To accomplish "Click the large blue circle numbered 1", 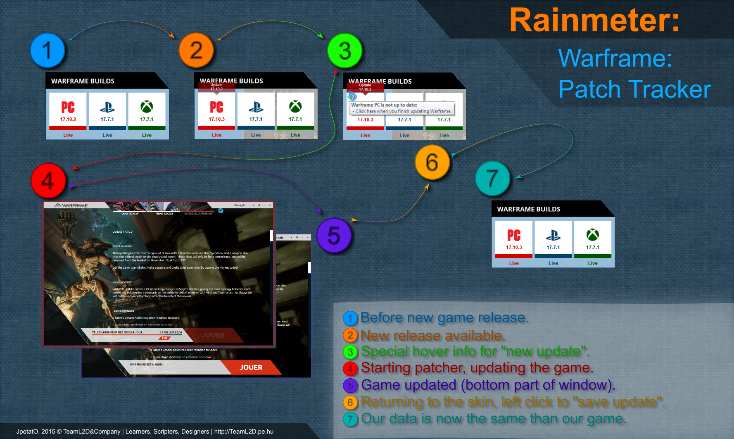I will tap(48, 50).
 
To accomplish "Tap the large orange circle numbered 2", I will tap(196, 50).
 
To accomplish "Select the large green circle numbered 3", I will tap(345, 51).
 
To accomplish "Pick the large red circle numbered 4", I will tap(48, 181).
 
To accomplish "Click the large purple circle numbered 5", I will tap(334, 236).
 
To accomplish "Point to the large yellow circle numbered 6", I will tap(432, 162).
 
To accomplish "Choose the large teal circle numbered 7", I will tap(492, 179).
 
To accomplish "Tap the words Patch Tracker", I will tap(634, 89).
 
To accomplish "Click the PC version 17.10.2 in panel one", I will tap(68, 119).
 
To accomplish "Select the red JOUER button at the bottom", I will tap(251, 367).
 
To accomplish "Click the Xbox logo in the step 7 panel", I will tap(592, 235).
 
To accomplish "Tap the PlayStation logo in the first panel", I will tap(107, 107).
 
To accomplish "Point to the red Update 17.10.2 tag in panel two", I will tap(216, 87).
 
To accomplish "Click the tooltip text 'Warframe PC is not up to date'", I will tap(384, 105).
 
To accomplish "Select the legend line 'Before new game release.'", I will tap(444, 317).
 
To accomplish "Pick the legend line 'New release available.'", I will tap(432, 336).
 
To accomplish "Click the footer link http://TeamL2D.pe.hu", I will tap(244, 432).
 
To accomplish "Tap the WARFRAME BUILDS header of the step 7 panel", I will tap(529, 209).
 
